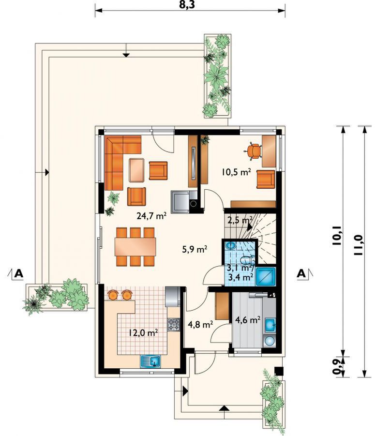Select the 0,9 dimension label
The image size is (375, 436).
coord(337,368)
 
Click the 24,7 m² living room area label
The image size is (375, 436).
coord(151,215)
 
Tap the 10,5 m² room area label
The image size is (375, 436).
coord(236,172)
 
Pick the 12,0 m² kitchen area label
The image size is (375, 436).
coord(143,332)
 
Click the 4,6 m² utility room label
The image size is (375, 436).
coord(247,320)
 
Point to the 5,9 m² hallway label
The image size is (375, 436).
coord(195,249)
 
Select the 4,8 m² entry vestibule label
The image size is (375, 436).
coord(200,324)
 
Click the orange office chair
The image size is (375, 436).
coord(253,151)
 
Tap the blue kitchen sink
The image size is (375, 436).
coord(151,361)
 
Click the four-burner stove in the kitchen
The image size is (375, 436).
coord(174,325)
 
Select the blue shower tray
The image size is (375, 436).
coord(266,277)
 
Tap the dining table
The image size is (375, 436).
coord(135,247)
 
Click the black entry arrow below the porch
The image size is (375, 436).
coord(224,408)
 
